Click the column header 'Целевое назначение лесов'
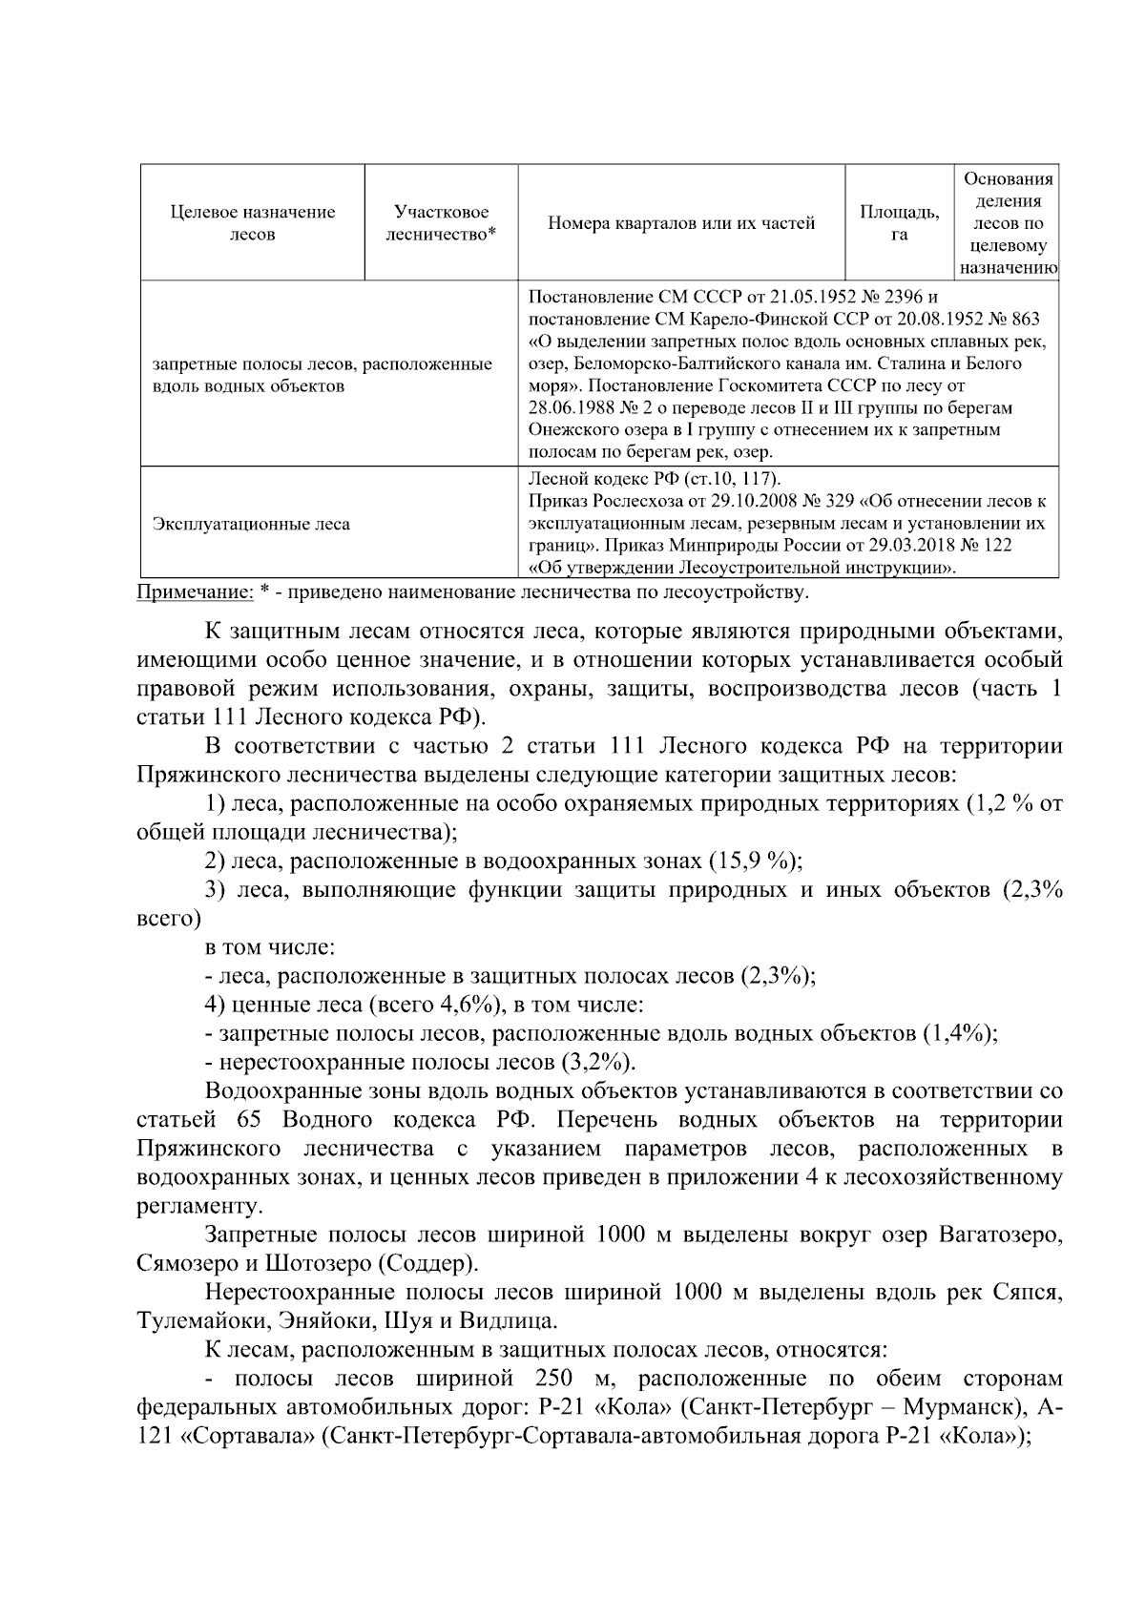click(252, 223)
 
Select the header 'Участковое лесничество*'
click(441, 223)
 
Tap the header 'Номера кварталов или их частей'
click(681, 224)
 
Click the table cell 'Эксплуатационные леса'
click(251, 524)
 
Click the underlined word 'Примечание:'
click(196, 593)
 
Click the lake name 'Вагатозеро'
click(1001, 1235)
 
